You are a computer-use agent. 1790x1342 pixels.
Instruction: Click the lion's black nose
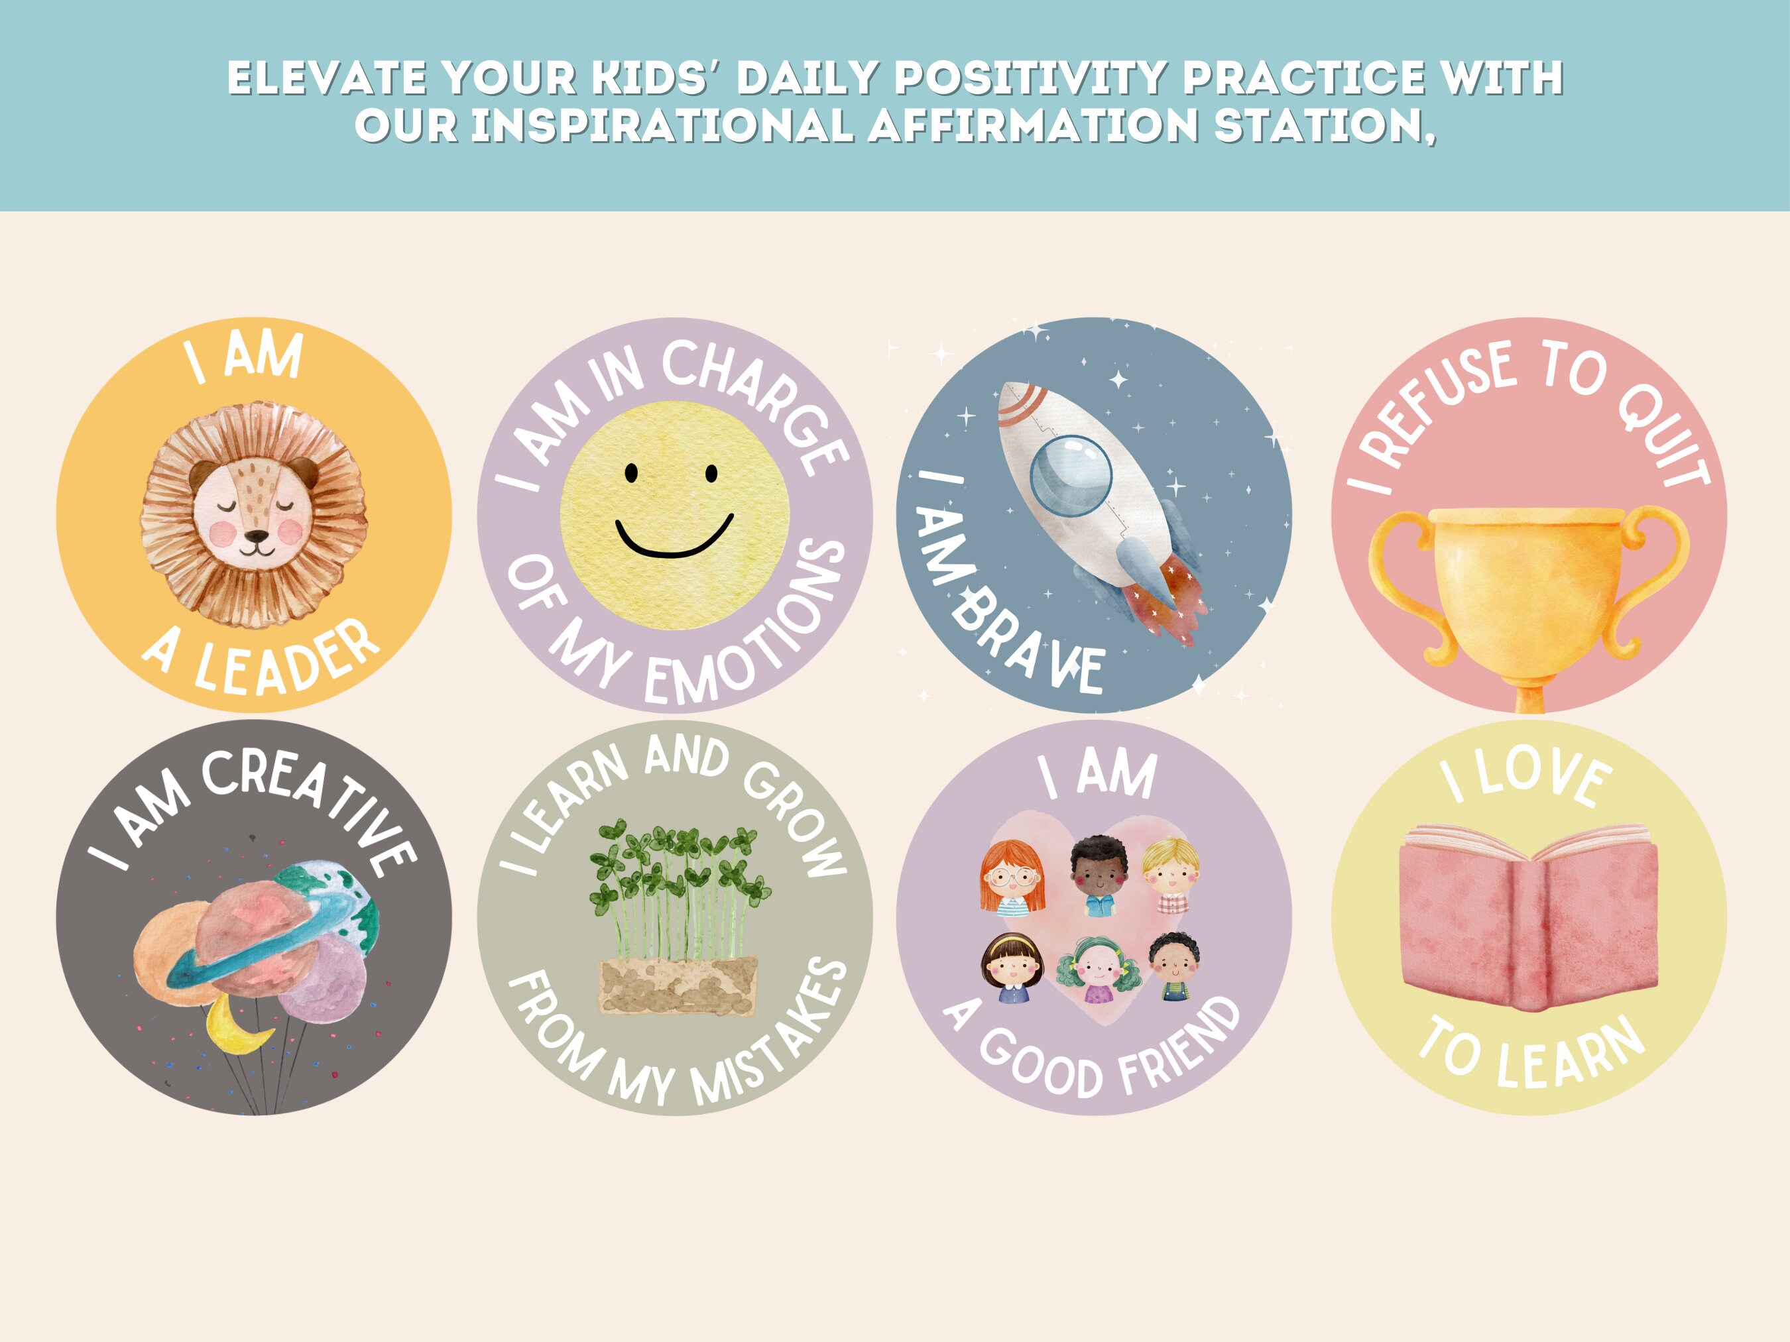pos(257,537)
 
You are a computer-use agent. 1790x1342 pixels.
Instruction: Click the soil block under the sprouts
pos(678,985)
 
